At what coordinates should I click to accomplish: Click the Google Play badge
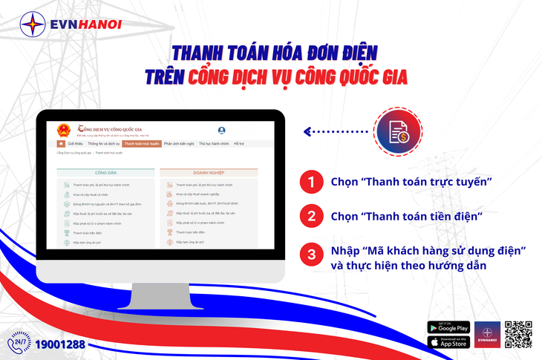click(449, 327)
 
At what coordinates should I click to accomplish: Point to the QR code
click(518, 334)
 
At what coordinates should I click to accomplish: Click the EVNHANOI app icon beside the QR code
click(488, 334)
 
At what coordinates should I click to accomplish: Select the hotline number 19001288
click(60, 344)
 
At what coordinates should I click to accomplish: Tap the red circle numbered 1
click(312, 183)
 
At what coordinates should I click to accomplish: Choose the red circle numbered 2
click(312, 217)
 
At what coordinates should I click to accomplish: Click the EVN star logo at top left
click(31, 24)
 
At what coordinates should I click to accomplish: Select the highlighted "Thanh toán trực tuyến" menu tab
click(141, 143)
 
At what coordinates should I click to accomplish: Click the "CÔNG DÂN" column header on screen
click(105, 172)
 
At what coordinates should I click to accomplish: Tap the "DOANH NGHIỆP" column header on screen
click(209, 172)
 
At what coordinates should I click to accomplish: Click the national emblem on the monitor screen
click(62, 129)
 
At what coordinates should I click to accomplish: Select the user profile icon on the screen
click(221, 130)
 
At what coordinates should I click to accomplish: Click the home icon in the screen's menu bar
click(61, 143)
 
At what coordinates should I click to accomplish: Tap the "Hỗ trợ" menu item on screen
click(238, 143)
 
